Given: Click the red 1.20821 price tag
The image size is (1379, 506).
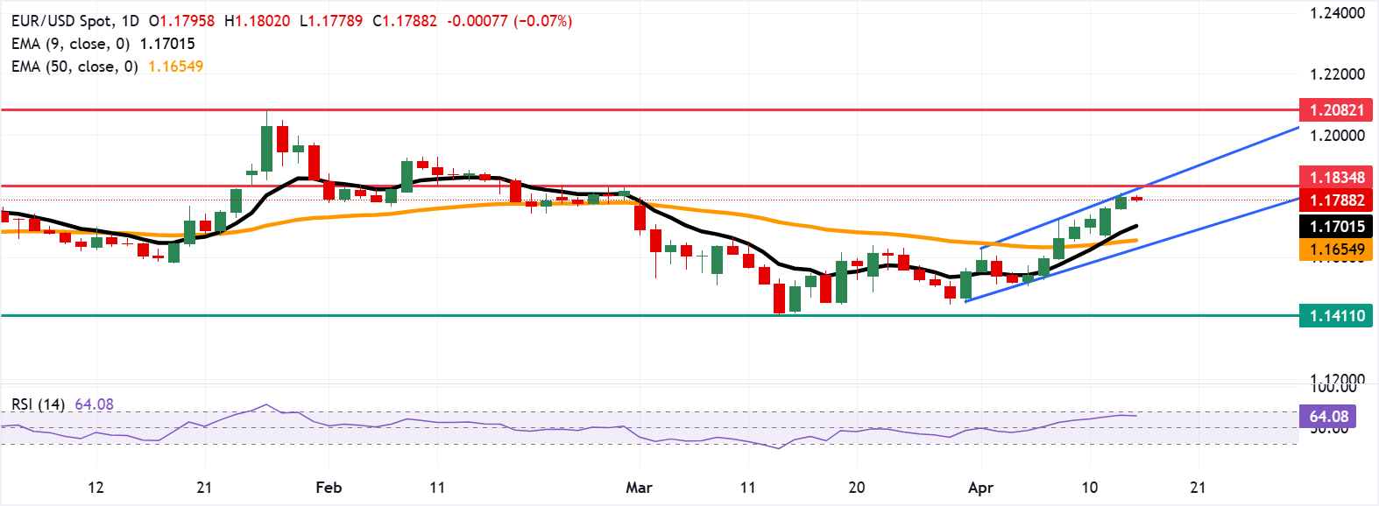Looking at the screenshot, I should coord(1336,110).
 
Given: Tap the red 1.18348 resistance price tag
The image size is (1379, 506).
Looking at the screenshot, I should coord(1336,178).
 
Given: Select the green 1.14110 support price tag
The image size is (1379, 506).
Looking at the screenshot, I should coord(1336,316).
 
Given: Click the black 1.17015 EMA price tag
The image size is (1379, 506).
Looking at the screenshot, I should coord(1336,227).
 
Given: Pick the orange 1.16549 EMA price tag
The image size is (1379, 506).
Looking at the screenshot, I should coord(1336,249).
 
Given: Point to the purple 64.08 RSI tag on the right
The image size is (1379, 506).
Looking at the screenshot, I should coord(1328,417).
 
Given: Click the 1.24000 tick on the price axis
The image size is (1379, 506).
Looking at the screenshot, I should coord(1337,13).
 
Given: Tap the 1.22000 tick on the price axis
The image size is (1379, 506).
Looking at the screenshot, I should coord(1337,74).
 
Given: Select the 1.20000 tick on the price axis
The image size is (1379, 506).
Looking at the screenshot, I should coord(1337,136).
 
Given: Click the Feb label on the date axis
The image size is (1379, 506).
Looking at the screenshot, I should coord(329,488).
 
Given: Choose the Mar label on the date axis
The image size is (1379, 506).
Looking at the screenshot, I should coord(639,488).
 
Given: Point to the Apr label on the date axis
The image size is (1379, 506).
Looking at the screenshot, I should coord(980,488).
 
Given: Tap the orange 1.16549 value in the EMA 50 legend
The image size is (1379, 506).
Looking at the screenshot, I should coord(175,67).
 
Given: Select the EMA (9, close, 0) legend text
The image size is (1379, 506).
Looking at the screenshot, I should coord(70,44).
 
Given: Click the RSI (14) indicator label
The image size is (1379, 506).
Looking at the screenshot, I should coord(38,404).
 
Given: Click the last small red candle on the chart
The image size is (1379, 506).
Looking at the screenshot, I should coord(1136,199).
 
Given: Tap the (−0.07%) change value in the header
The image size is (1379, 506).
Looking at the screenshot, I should coord(542,20).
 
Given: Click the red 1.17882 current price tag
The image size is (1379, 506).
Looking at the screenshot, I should coord(1336,200).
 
